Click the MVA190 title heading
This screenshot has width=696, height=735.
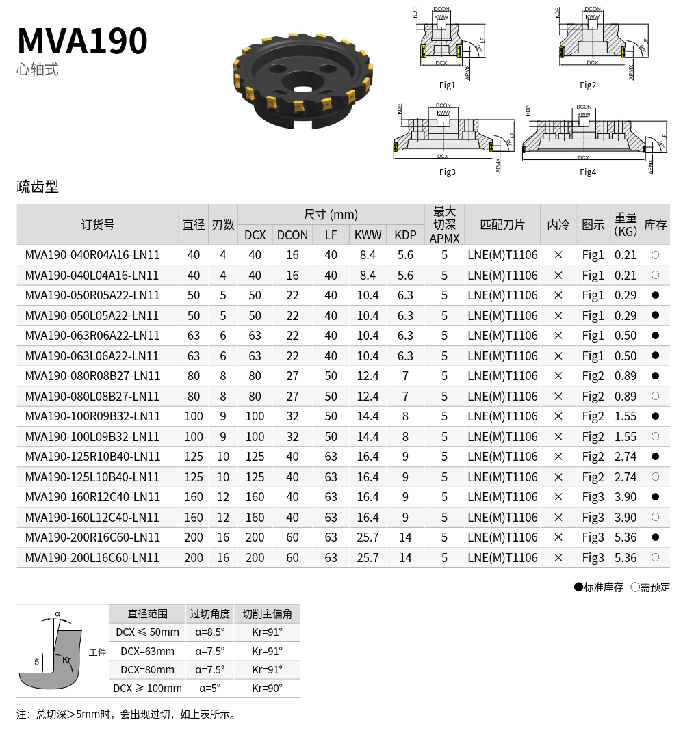coord(82,41)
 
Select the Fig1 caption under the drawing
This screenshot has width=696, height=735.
coord(447,85)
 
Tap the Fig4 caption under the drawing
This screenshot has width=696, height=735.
coord(588,172)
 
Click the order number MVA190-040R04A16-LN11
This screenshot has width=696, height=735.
coord(92,255)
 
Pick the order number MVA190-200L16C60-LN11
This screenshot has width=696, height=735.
coord(92,558)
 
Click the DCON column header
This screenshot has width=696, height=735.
coord(292,235)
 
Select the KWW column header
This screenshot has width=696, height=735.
coord(368,235)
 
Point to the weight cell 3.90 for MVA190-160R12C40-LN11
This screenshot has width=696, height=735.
coord(626,497)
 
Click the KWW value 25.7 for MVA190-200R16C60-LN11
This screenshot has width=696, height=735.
coord(368,537)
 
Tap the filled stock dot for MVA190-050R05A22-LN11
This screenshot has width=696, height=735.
coord(656,295)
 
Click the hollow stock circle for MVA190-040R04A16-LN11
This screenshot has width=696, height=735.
coord(656,255)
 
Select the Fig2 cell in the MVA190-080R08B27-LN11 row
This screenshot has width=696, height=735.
coord(593,376)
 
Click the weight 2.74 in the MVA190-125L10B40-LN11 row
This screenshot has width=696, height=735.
coord(626,477)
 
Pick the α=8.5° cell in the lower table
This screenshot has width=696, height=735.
coord(209,632)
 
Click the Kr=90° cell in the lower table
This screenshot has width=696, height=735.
coord(267,689)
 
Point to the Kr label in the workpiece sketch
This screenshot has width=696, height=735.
coord(66,660)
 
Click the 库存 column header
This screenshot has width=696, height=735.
coord(656,225)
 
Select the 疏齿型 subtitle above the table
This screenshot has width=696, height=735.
coord(38,187)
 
